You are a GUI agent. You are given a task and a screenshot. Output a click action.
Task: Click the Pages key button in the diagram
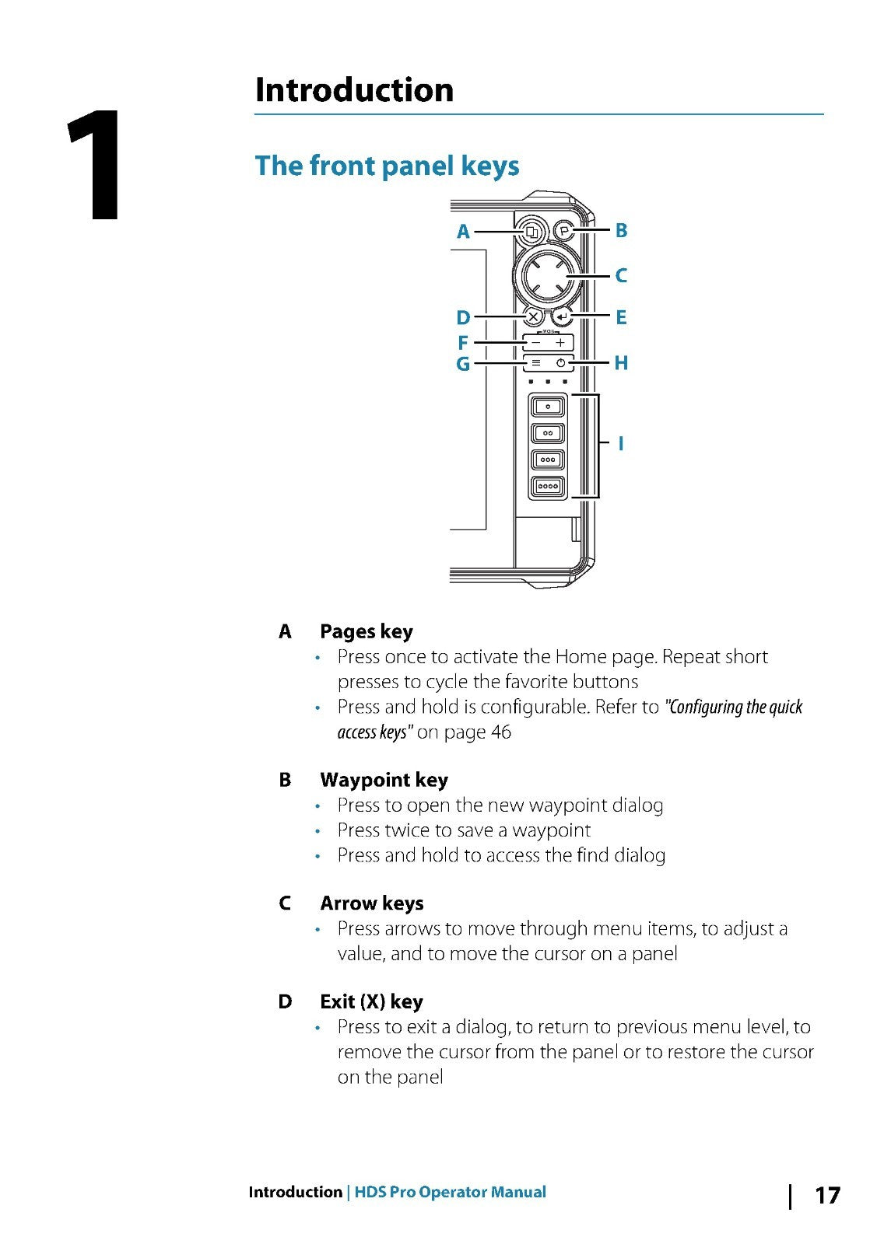[532, 232]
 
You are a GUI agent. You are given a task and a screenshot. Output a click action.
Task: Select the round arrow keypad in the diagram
[548, 275]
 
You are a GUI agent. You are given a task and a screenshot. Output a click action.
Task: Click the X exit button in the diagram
[533, 317]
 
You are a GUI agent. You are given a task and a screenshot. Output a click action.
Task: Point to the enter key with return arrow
[562, 317]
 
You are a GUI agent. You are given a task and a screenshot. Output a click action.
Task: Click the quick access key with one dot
[548, 407]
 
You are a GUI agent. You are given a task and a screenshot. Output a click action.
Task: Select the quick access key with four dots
[548, 487]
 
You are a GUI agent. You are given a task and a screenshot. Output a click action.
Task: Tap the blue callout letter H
[621, 363]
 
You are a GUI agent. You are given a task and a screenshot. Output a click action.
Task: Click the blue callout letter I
[620, 444]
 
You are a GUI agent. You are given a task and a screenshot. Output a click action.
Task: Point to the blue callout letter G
[463, 364]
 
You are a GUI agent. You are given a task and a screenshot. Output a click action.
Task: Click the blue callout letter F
[463, 343]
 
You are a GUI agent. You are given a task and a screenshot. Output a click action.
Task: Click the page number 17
[827, 1195]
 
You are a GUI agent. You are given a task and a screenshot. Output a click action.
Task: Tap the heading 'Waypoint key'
[384, 780]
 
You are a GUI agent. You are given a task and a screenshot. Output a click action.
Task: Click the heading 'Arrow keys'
[371, 903]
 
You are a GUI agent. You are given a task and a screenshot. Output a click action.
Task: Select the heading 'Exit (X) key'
[371, 1001]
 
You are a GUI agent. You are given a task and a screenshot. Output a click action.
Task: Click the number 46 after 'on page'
[500, 732]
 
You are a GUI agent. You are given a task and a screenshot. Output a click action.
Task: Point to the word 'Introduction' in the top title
[354, 89]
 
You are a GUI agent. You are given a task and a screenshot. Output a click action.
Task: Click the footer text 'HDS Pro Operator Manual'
[450, 1193]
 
